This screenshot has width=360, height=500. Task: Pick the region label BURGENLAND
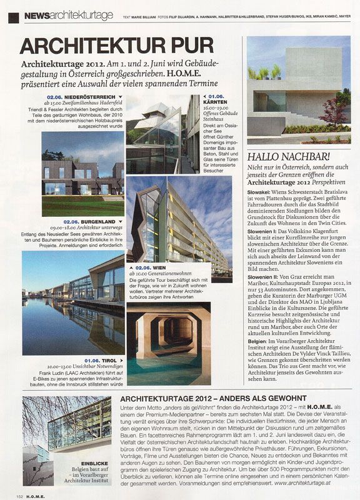[x=99, y=221]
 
